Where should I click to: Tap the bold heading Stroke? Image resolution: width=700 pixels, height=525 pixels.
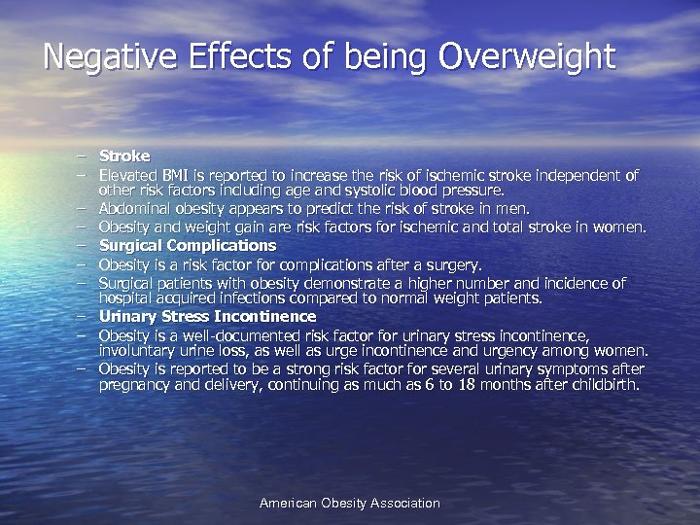[124, 156]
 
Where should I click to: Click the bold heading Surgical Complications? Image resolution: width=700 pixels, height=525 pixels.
[188, 246]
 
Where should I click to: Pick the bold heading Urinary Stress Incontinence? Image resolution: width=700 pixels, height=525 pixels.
[207, 317]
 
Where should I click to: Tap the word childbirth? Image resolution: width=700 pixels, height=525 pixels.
[605, 385]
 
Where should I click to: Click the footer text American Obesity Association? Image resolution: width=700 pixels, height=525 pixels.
[350, 504]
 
